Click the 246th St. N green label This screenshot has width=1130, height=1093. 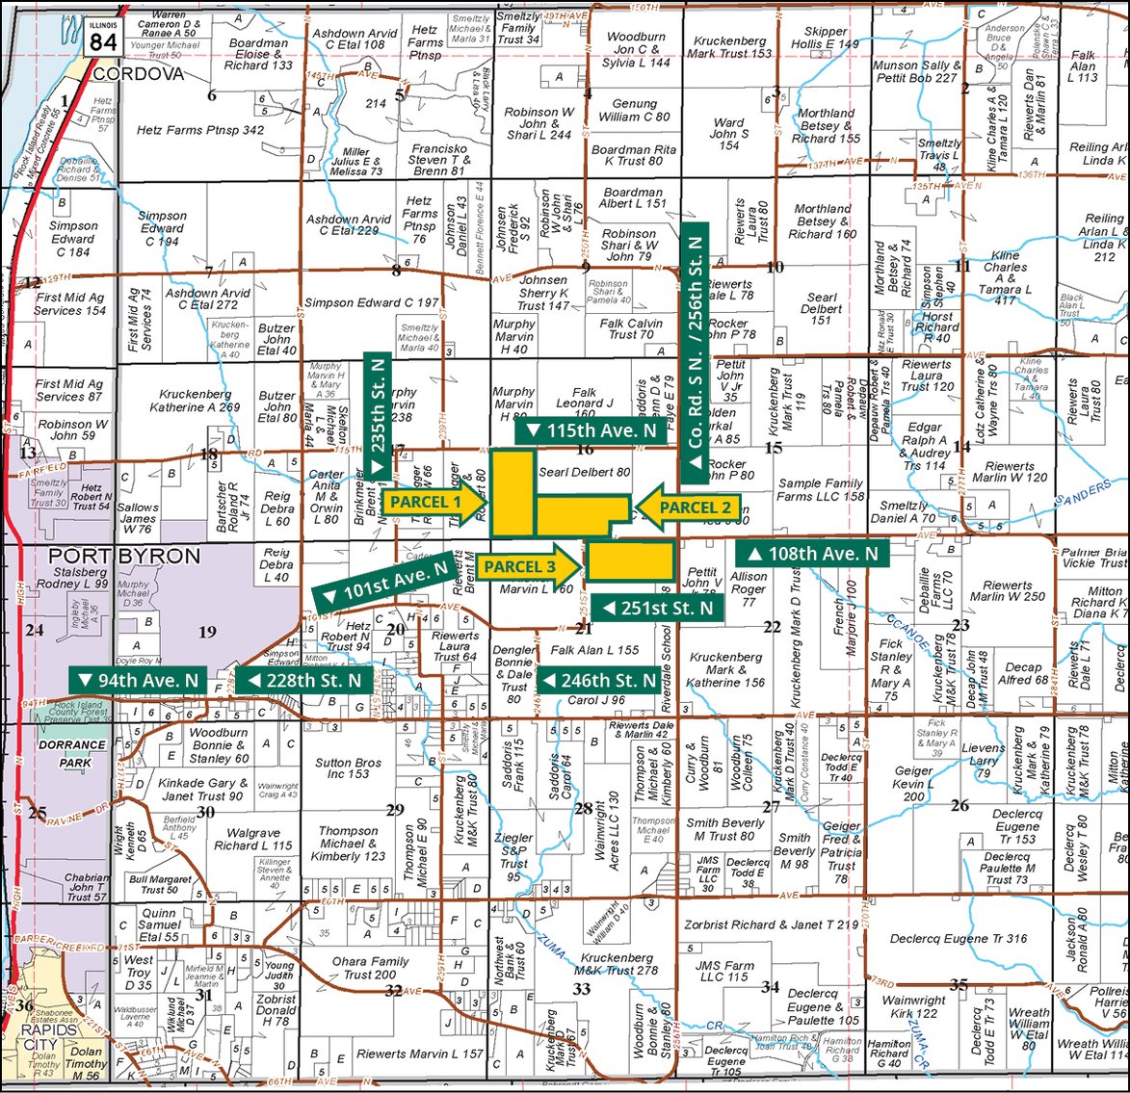pyautogui.click(x=597, y=681)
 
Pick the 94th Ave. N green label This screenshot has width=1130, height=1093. pyautogui.click(x=139, y=681)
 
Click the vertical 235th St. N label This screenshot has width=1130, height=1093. pyautogui.click(x=378, y=414)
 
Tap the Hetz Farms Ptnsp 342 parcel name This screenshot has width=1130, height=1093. pyautogui.click(x=200, y=130)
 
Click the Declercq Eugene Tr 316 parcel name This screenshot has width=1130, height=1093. pyautogui.click(x=959, y=939)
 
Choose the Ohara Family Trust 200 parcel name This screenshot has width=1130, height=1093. pyautogui.click(x=370, y=968)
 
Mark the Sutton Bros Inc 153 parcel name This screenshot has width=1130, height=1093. pyautogui.click(x=348, y=768)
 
